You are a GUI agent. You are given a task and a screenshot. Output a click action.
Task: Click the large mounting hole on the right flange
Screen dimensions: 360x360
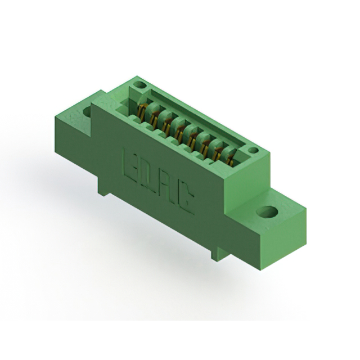(x=267, y=211)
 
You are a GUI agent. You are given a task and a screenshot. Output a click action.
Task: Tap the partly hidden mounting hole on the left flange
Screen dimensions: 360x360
(x=87, y=111)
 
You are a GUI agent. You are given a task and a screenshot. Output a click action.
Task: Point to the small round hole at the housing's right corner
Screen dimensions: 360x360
(x=254, y=151)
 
